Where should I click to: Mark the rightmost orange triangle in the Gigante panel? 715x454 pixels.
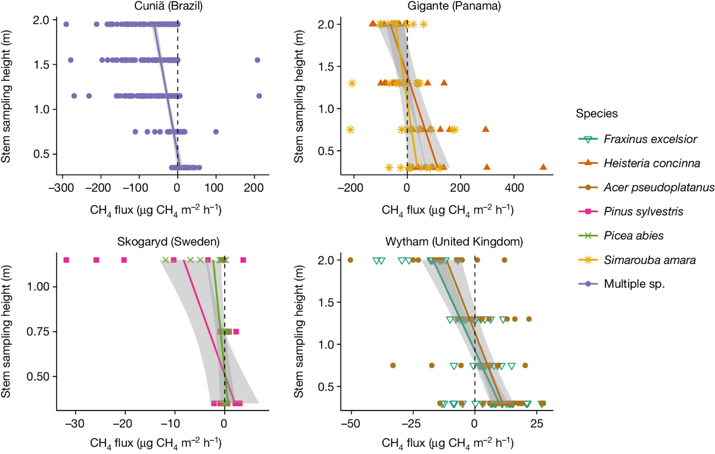(x=543, y=167)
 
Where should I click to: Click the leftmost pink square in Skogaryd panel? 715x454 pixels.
(x=66, y=260)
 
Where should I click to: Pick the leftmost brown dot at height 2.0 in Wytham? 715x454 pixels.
(x=350, y=260)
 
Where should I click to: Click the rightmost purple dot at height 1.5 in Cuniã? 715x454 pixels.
(x=257, y=60)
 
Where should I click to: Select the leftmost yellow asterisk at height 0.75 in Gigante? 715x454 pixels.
(x=350, y=129)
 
